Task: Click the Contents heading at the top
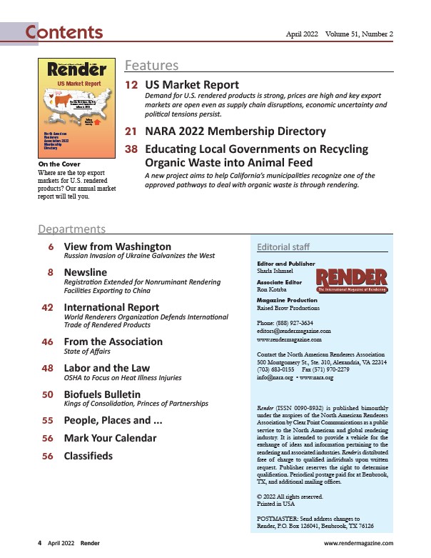64,32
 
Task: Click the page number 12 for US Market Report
132,85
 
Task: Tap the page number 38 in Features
132,149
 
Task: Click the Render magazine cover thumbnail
76,108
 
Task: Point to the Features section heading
151,66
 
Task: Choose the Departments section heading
71,229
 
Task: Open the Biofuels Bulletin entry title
102,394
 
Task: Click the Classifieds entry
88,455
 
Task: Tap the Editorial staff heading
283,247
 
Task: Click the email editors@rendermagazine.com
293,331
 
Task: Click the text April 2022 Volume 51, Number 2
340,34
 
